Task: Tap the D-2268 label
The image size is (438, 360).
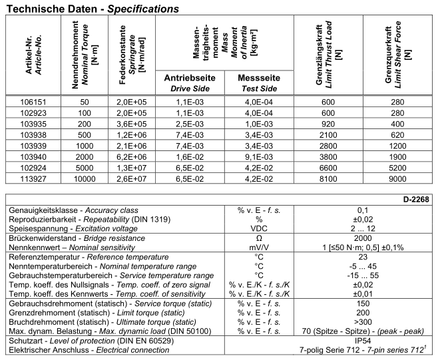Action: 419,198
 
